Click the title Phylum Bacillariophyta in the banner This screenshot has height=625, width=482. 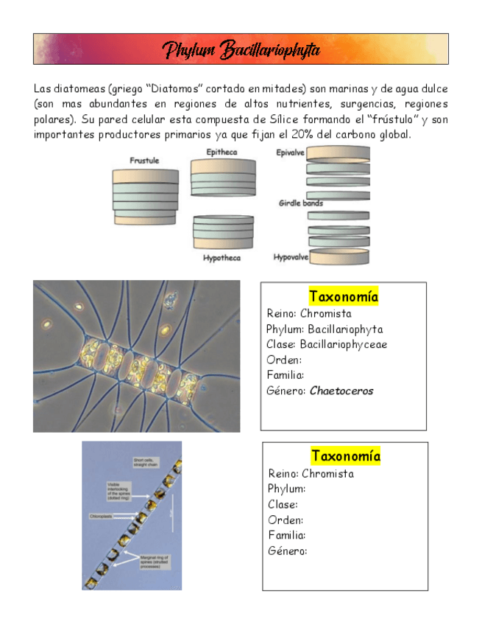(241, 49)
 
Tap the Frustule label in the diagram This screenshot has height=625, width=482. (144, 161)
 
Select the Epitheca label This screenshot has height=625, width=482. (221, 153)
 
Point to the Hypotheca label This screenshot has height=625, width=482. (221, 259)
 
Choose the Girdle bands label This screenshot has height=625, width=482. (300, 203)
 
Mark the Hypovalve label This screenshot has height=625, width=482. (290, 258)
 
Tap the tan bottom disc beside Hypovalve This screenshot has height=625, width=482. (339, 257)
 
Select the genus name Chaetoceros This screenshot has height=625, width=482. (341, 391)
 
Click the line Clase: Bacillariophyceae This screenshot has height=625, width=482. (327, 344)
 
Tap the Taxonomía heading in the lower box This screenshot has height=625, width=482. (345, 455)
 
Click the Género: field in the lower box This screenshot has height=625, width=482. (288, 551)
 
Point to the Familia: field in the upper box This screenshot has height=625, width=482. (286, 375)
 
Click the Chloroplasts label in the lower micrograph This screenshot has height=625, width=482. (101, 516)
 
